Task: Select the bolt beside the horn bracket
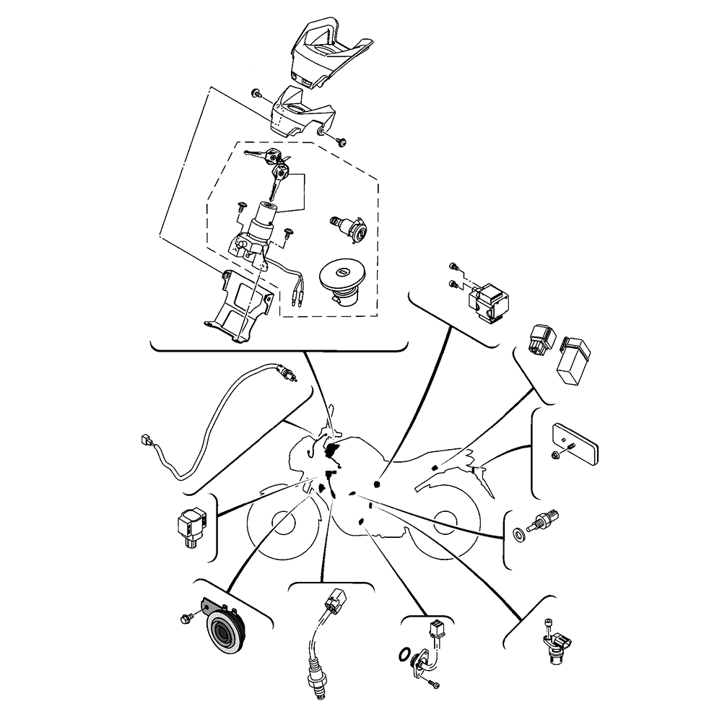(x=184, y=617)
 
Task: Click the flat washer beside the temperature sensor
(x=518, y=535)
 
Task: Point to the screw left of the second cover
(x=256, y=95)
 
